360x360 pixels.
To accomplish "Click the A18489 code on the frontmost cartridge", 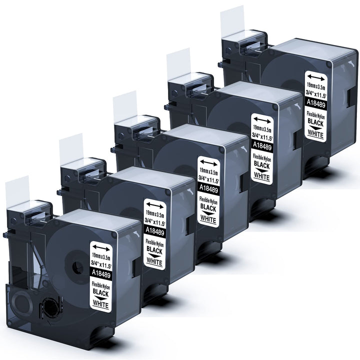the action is point(101,274).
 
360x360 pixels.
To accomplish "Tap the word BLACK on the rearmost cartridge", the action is point(315,122).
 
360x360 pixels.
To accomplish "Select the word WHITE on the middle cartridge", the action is point(208,218).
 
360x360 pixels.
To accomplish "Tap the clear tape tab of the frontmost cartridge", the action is point(17,192).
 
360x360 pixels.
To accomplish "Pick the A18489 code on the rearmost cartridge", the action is point(316,104).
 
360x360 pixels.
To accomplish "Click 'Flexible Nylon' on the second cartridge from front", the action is point(154,243).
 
